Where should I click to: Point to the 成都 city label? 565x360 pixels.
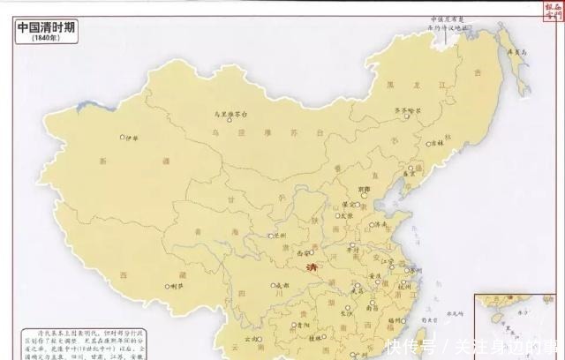(282, 286)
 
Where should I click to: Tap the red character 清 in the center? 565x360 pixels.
(310, 267)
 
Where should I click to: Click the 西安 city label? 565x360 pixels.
(320, 252)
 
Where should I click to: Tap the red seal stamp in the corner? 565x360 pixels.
(552, 11)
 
